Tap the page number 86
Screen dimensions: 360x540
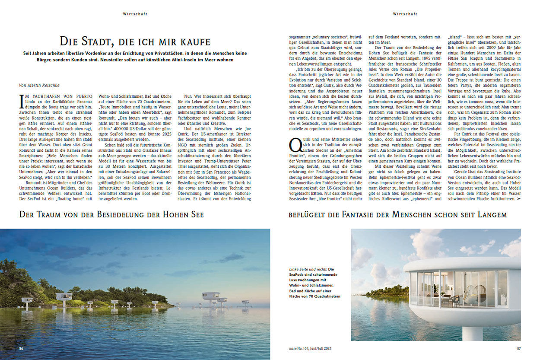21,348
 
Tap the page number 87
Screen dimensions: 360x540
519,348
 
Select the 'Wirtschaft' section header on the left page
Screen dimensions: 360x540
135,14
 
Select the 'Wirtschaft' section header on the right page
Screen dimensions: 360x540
405,14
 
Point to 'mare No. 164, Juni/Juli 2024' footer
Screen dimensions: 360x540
312,348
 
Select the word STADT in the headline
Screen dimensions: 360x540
93,42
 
